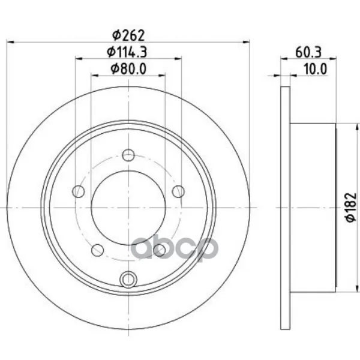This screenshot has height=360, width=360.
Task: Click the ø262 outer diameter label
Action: (128, 35)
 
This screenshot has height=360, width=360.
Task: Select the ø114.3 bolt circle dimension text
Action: (127, 52)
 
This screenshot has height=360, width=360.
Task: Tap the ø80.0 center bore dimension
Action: (128, 68)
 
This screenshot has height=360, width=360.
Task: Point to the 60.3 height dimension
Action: (308, 52)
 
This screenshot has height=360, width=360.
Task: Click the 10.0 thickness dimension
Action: (315, 68)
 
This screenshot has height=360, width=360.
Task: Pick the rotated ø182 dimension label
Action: (351, 208)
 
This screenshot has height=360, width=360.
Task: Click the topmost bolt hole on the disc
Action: (128, 155)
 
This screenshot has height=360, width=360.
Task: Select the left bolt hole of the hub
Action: (79, 191)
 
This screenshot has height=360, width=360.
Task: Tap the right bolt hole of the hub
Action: (178, 191)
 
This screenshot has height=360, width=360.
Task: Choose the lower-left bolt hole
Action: (98, 250)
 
